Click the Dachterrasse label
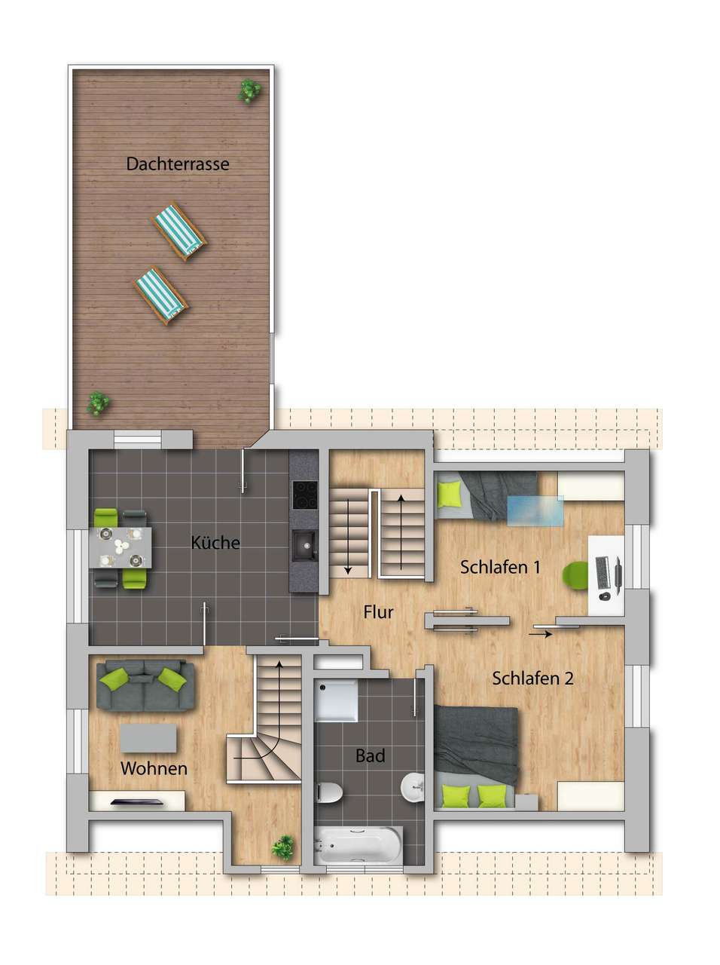pyautogui.click(x=178, y=164)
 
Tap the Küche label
pyautogui.click(x=215, y=543)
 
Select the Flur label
pyautogui.click(x=378, y=612)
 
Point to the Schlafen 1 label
pyautogui.click(x=500, y=567)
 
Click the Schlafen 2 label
pyautogui.click(x=532, y=679)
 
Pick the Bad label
pyautogui.click(x=370, y=755)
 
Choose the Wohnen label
pyautogui.click(x=154, y=768)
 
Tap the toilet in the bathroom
pyautogui.click(x=329, y=792)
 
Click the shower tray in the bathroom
pyautogui.click(x=336, y=702)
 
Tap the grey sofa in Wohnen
pyautogui.click(x=145, y=685)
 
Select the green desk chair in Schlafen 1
pyautogui.click(x=575, y=574)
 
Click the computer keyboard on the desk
pyautogui.click(x=602, y=573)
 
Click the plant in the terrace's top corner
pyautogui.click(x=249, y=91)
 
